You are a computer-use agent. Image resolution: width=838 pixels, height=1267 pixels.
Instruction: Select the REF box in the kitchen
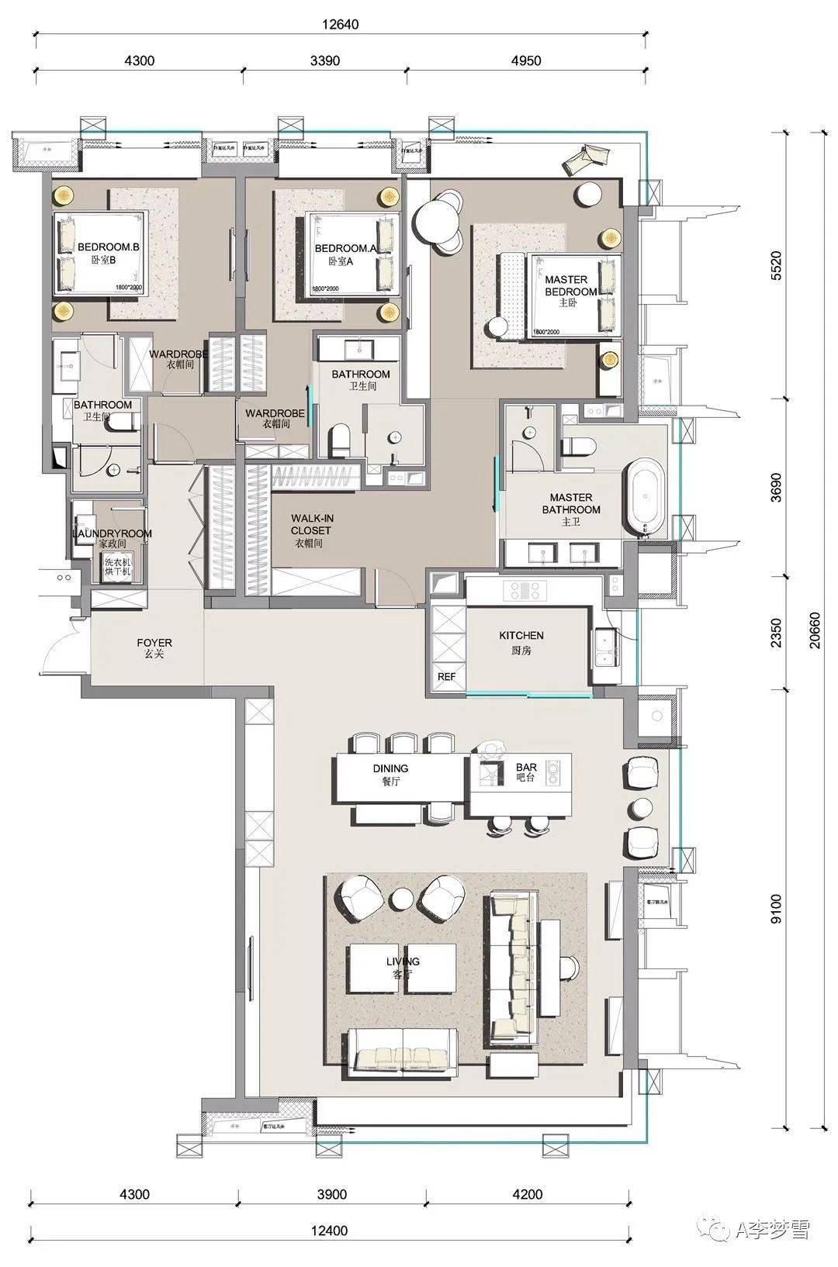pyautogui.click(x=446, y=676)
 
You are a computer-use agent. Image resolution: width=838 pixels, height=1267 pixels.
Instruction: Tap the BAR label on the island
pyautogui.click(x=526, y=772)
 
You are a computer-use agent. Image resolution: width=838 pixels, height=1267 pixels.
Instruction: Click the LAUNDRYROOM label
pyautogui.click(x=113, y=533)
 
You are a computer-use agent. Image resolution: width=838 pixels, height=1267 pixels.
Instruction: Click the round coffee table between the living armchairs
pyautogui.click(x=403, y=899)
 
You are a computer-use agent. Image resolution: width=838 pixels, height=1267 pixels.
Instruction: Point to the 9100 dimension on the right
pyautogui.click(x=777, y=909)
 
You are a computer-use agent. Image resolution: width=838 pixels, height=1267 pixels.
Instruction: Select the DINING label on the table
pyautogui.click(x=390, y=773)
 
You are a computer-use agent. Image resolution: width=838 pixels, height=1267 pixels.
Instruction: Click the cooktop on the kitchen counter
pyautogui.click(x=526, y=591)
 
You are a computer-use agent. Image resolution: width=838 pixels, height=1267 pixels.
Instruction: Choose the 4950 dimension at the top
pyautogui.click(x=526, y=60)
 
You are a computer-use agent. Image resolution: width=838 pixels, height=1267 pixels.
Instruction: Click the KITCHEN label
pyautogui.click(x=521, y=641)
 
